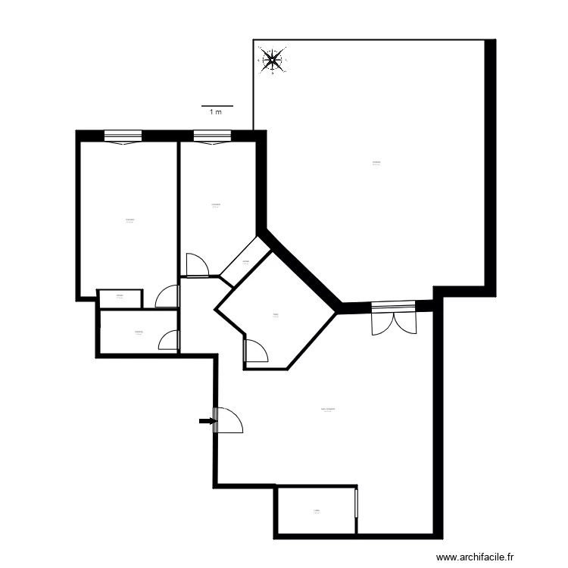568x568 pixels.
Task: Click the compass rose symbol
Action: (273, 59)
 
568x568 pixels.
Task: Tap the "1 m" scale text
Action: (217, 112)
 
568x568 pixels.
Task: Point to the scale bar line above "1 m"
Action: (217, 106)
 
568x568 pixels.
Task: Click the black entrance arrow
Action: (204, 420)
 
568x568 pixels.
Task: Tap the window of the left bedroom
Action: (123, 137)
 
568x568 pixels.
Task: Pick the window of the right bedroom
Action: (212, 137)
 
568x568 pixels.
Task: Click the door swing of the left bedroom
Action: (167, 296)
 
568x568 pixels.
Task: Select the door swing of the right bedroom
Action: (196, 264)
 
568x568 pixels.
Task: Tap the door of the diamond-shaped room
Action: (256, 351)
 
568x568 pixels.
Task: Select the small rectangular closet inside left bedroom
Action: (120, 298)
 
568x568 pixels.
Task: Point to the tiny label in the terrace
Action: (376, 163)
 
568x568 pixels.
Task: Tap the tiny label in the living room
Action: (327, 408)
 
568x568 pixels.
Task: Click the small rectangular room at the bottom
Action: (316, 512)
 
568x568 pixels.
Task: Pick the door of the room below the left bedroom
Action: (169, 341)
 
